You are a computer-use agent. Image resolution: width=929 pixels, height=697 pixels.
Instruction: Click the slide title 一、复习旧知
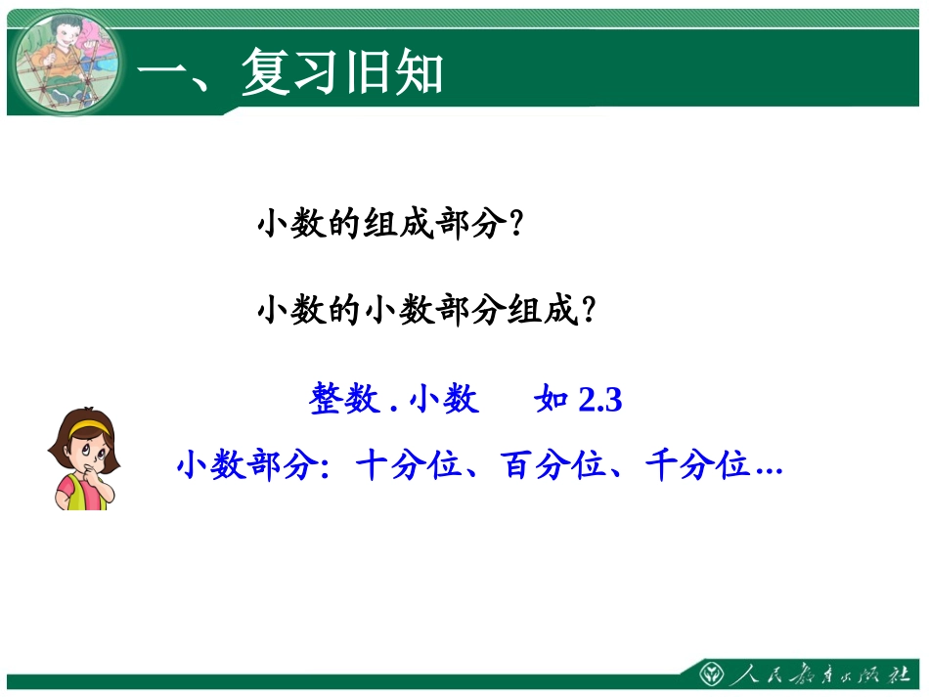[289, 73]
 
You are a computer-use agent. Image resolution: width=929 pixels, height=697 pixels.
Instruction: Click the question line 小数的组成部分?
[386, 225]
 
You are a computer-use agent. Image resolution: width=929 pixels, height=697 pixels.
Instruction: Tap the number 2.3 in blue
[600, 400]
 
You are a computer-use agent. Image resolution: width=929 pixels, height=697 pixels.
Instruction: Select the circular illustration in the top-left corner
[66, 64]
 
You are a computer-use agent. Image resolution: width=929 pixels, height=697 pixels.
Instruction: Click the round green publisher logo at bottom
[712, 675]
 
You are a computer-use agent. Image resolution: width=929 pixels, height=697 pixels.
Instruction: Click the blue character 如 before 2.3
[553, 400]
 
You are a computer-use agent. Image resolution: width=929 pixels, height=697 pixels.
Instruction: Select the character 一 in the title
[161, 73]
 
